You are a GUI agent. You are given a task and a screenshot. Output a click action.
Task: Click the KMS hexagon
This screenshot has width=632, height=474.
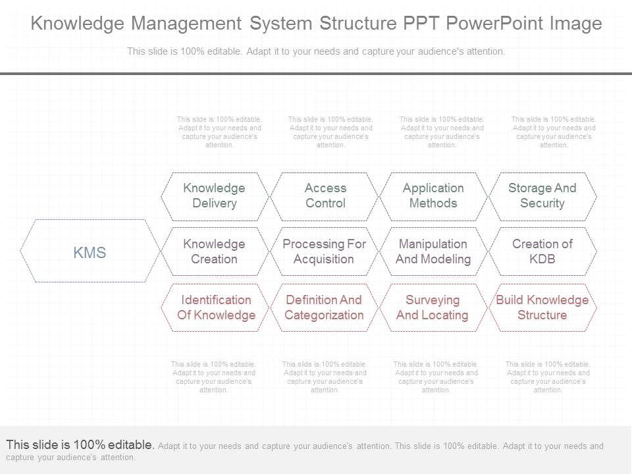tap(90, 251)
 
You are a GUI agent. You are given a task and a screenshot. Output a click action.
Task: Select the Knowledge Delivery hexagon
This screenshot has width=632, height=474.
tap(215, 196)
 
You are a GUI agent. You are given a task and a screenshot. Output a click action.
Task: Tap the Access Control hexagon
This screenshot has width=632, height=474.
tap(325, 196)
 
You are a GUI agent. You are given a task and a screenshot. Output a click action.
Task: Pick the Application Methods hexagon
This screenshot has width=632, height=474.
tap(433, 196)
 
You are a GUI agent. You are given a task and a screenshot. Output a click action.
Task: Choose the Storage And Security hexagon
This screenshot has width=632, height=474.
tap(542, 196)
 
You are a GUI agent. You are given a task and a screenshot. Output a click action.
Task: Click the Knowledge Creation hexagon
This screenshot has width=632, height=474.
tap(215, 251)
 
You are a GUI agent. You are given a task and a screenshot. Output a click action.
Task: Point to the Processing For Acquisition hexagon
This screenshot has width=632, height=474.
tap(324, 251)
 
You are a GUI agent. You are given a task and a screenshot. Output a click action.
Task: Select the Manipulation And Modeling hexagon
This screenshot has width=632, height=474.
tap(433, 251)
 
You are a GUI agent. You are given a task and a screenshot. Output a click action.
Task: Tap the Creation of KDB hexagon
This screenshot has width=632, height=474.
tap(542, 251)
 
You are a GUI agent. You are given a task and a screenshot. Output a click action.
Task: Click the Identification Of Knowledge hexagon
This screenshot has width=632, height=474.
tap(216, 307)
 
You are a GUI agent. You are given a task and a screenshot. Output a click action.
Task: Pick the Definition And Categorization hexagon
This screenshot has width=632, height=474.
tap(324, 307)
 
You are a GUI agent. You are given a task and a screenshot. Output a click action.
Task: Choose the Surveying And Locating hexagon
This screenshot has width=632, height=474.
tap(433, 307)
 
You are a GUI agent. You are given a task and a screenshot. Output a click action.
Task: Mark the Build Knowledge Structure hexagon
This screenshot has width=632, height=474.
tap(542, 307)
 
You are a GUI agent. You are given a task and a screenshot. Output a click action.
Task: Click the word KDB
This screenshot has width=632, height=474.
tap(542, 259)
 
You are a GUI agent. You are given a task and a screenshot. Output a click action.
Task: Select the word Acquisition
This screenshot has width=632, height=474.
tap(324, 259)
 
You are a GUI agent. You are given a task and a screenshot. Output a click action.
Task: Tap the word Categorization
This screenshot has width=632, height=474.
tap(324, 315)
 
